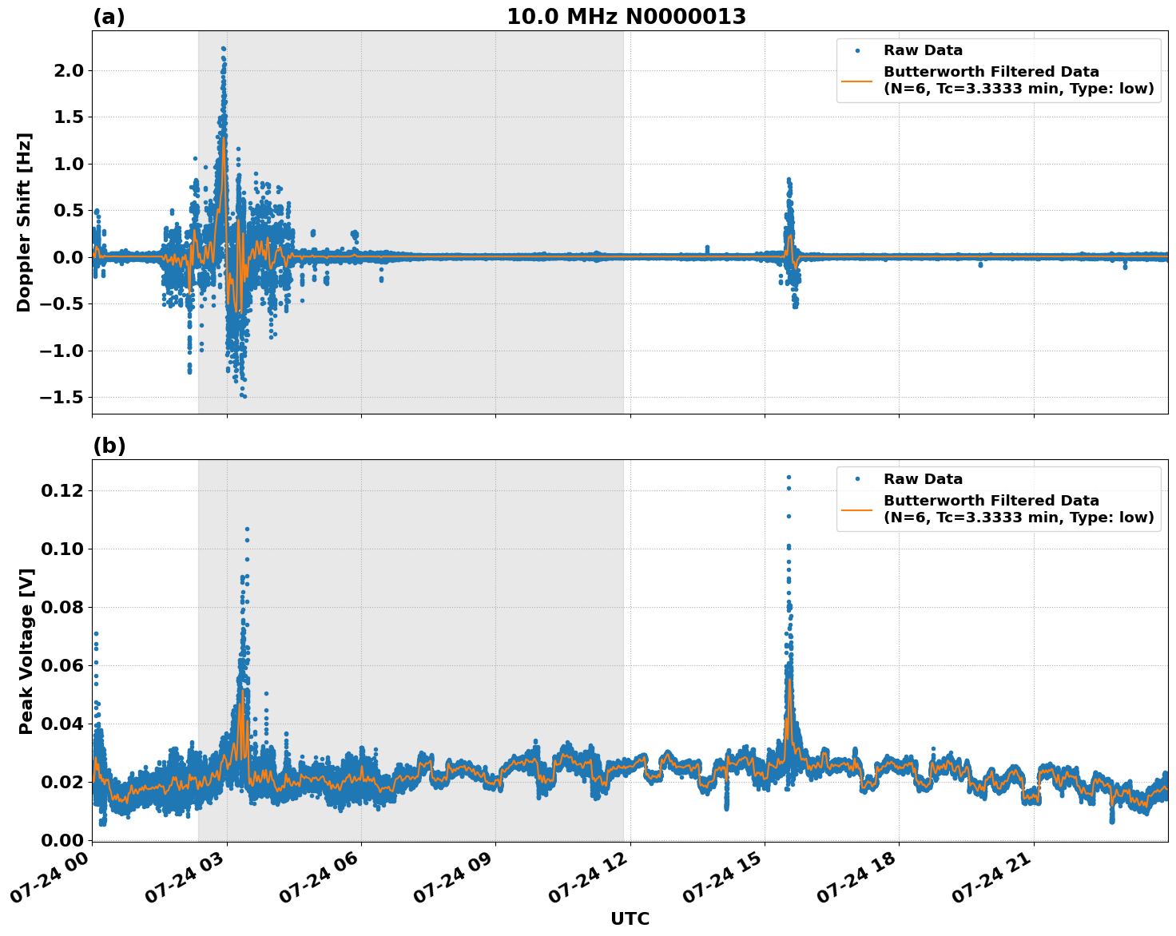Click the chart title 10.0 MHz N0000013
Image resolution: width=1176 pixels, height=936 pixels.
626,17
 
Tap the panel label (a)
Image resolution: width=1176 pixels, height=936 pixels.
109,17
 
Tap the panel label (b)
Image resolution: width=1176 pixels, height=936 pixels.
109,446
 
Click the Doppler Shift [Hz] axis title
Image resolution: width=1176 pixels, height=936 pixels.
24,222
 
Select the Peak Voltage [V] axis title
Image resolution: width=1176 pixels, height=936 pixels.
26,651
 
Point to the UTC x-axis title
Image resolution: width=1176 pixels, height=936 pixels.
630,918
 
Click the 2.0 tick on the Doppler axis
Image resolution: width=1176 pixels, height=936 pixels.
67,70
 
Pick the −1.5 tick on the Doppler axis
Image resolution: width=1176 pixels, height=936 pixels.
62,397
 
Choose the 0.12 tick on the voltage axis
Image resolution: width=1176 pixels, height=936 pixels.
62,490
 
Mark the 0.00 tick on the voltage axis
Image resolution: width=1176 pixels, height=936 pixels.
62,839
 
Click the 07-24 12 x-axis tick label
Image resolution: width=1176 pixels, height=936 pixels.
593,882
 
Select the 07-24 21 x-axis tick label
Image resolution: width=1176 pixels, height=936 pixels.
996,882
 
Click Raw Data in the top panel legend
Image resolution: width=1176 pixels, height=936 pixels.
923,50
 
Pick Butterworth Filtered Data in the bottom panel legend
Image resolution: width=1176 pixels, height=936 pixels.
991,501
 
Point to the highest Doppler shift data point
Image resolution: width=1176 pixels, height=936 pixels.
224,48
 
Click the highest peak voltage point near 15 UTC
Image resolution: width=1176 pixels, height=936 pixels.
789,477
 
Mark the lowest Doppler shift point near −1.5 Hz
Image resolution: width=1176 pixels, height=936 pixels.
244,396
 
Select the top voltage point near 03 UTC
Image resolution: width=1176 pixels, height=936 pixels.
247,529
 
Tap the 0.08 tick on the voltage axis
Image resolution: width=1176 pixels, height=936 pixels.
62,606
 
